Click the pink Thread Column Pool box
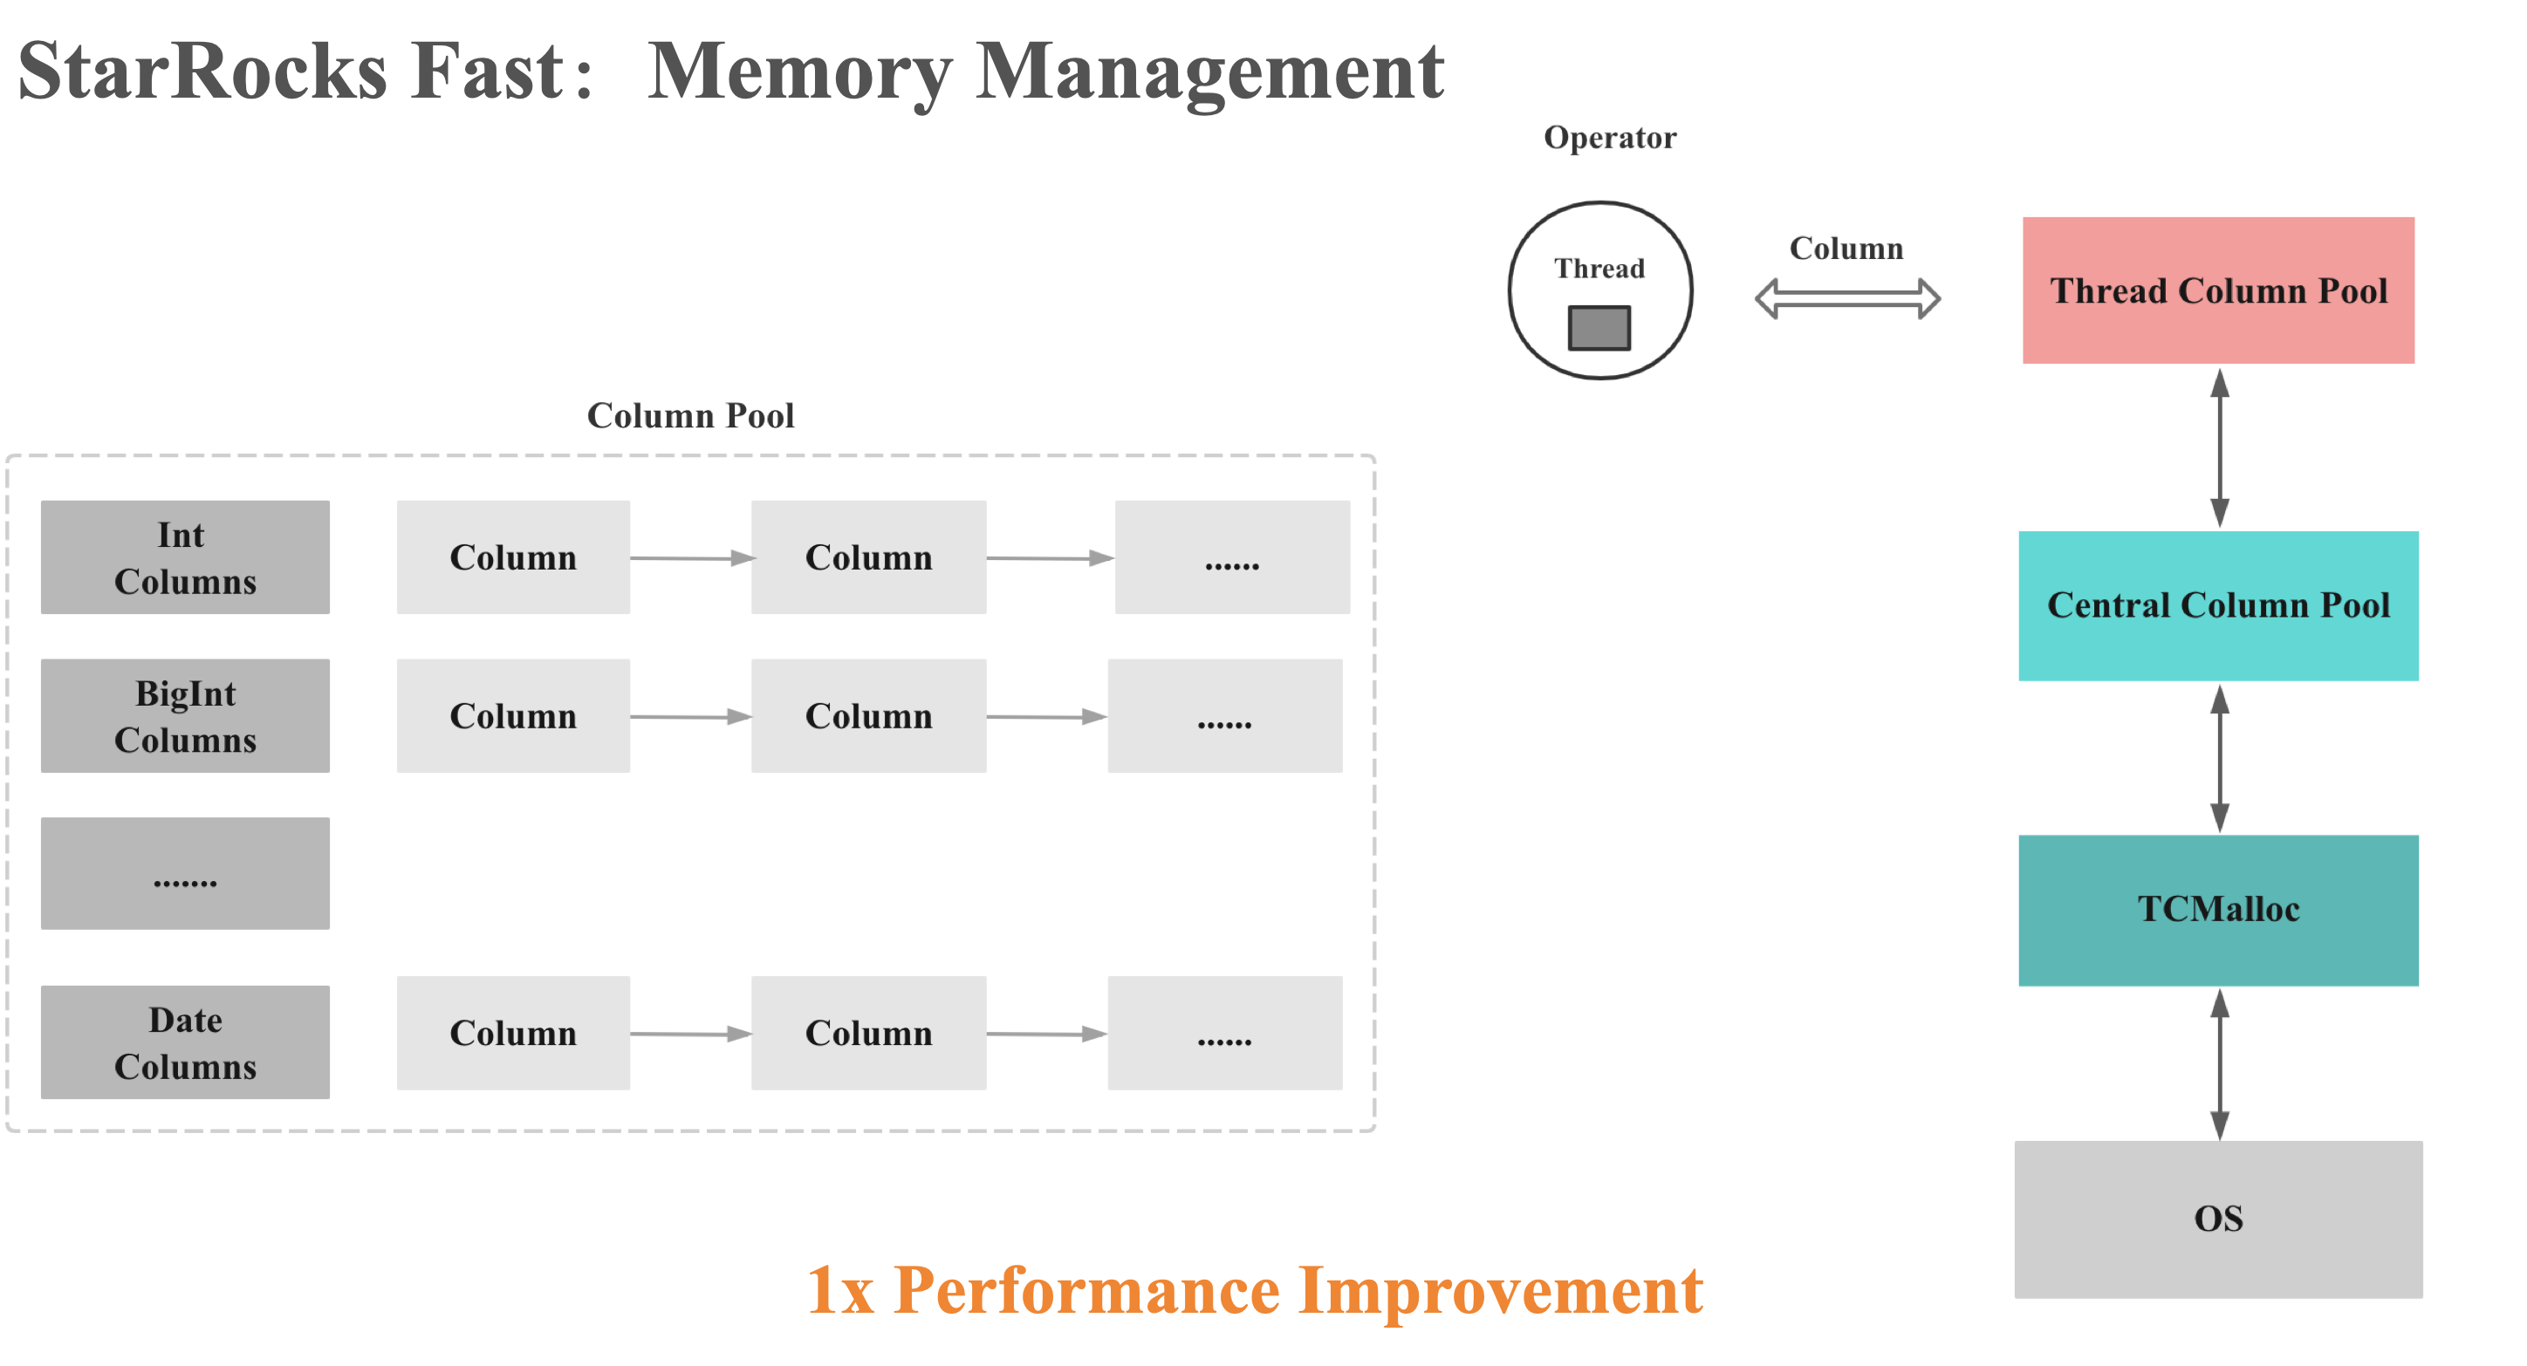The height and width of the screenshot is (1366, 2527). [2218, 290]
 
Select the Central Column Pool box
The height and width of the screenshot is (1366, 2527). [2218, 605]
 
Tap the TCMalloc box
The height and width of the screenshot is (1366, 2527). [2218, 909]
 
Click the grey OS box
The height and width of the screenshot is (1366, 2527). [2218, 1218]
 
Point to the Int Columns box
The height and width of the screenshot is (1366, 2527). [184, 557]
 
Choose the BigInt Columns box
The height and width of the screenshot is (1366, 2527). [184, 716]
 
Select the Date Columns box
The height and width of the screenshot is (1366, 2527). [184, 1042]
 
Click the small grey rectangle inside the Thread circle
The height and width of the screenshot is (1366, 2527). [1599, 327]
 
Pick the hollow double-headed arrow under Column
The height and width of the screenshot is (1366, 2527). [1847, 298]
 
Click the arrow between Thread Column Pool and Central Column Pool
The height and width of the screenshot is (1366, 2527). [2220, 447]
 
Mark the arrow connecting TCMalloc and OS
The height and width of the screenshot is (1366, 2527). [2220, 1063]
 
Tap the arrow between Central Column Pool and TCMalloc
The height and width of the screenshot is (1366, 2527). [2220, 758]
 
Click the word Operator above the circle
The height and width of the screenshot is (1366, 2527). [1610, 137]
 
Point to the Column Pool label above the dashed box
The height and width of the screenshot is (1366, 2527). [690, 416]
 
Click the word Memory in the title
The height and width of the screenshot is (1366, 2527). [799, 72]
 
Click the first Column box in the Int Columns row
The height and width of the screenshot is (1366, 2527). [513, 557]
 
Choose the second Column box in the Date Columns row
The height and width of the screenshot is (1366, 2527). [868, 1033]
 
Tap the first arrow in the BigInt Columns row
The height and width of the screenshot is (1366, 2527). [690, 717]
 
